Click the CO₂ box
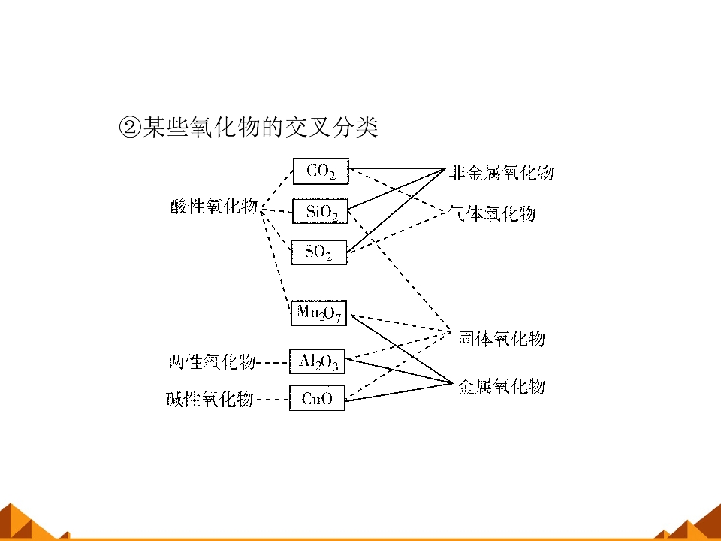tap(321, 171)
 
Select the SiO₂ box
tap(321, 211)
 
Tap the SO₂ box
tap(319, 252)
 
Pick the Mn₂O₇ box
tap(318, 313)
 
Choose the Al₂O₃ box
tap(317, 361)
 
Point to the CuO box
tap(317, 398)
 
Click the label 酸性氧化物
tap(214, 206)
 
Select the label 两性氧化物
tap(212, 361)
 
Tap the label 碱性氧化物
tap(210, 398)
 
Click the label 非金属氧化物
tap(501, 173)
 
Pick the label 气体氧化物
tap(492, 213)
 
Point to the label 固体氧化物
tap(502, 339)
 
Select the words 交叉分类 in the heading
tap(331, 126)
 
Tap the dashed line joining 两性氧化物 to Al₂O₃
tap(273, 362)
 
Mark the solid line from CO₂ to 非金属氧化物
tap(397, 169)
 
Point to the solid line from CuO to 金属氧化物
tap(399, 392)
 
